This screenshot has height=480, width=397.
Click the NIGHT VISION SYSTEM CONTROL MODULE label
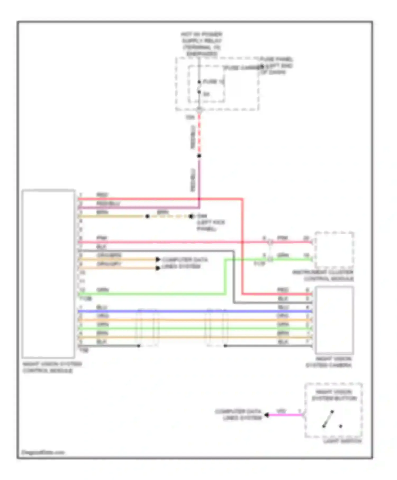(x=52, y=367)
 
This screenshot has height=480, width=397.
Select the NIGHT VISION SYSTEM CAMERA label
(x=329, y=362)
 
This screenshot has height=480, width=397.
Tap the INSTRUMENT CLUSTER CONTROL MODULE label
(x=323, y=275)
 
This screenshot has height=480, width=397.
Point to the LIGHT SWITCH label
(x=342, y=441)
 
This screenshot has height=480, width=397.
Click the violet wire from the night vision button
(x=286, y=415)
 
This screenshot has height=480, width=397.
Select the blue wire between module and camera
(x=185, y=311)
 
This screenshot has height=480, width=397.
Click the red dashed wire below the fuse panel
(x=199, y=135)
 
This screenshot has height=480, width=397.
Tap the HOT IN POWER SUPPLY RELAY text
(x=202, y=44)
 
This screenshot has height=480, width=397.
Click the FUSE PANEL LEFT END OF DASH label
(x=276, y=65)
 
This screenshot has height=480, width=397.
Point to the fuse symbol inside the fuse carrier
(x=199, y=87)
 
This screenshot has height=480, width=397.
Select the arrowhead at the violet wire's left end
(x=267, y=415)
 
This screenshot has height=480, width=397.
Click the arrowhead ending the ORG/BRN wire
(x=158, y=259)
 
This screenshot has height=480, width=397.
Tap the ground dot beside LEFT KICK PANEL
(x=191, y=216)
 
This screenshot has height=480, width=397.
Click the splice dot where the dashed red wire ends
(x=199, y=156)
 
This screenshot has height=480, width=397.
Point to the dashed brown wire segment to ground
(x=169, y=216)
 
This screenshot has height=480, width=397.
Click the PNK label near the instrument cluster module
(x=283, y=238)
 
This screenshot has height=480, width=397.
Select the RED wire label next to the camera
(x=283, y=290)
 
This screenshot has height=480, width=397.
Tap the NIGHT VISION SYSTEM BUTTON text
(x=334, y=395)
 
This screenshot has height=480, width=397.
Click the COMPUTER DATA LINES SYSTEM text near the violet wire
(x=238, y=415)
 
